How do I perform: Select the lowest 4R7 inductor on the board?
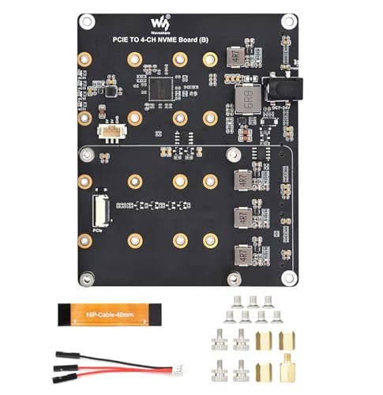click(x=243, y=254)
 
